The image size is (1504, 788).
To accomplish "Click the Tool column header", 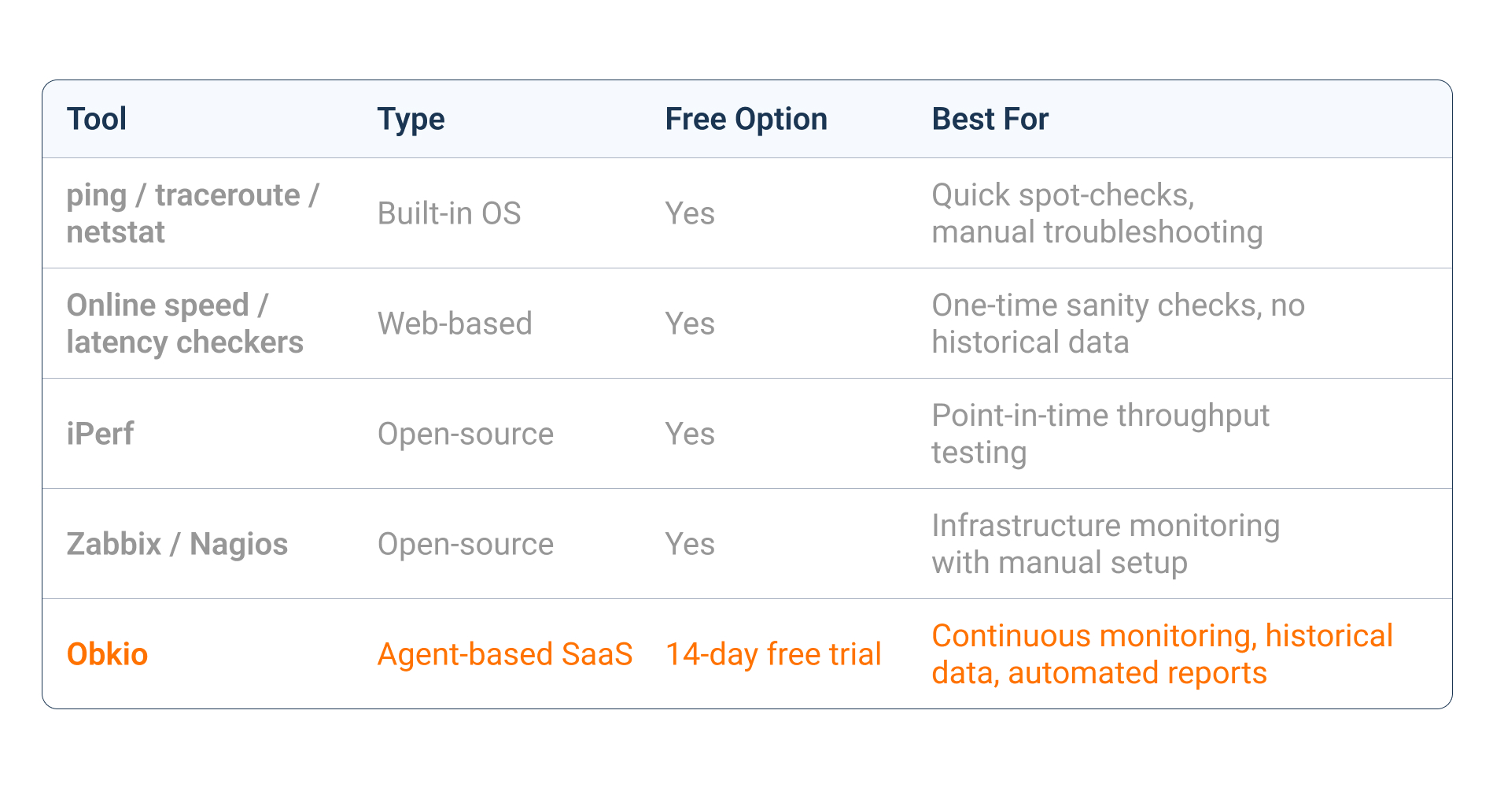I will point(97,120).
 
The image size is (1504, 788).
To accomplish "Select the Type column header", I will point(411,120).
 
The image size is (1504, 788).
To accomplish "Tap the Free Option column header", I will point(746,120).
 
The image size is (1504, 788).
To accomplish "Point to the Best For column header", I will point(990,120).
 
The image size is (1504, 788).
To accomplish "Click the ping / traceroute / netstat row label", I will point(192,213).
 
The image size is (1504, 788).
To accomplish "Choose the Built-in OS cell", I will point(449,213).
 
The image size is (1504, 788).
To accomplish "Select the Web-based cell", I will point(455,324).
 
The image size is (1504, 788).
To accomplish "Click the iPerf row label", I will point(100,434).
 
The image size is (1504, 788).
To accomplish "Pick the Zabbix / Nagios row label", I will point(177,544).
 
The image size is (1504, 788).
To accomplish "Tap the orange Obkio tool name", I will point(107,654).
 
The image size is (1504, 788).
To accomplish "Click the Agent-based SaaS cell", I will point(505,654).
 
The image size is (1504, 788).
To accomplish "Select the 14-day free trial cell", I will point(773,654).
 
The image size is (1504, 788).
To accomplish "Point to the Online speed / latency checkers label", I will point(184,324).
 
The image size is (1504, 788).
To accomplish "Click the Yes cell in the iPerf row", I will point(690,434).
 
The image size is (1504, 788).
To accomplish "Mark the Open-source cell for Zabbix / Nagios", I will point(466,544).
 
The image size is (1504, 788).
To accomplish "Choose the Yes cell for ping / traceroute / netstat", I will point(690,213).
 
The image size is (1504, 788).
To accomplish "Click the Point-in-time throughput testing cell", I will point(1100,434).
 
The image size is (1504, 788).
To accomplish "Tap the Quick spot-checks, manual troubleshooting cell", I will point(1097,213).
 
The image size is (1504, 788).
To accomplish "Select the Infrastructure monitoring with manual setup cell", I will point(1105,544).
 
